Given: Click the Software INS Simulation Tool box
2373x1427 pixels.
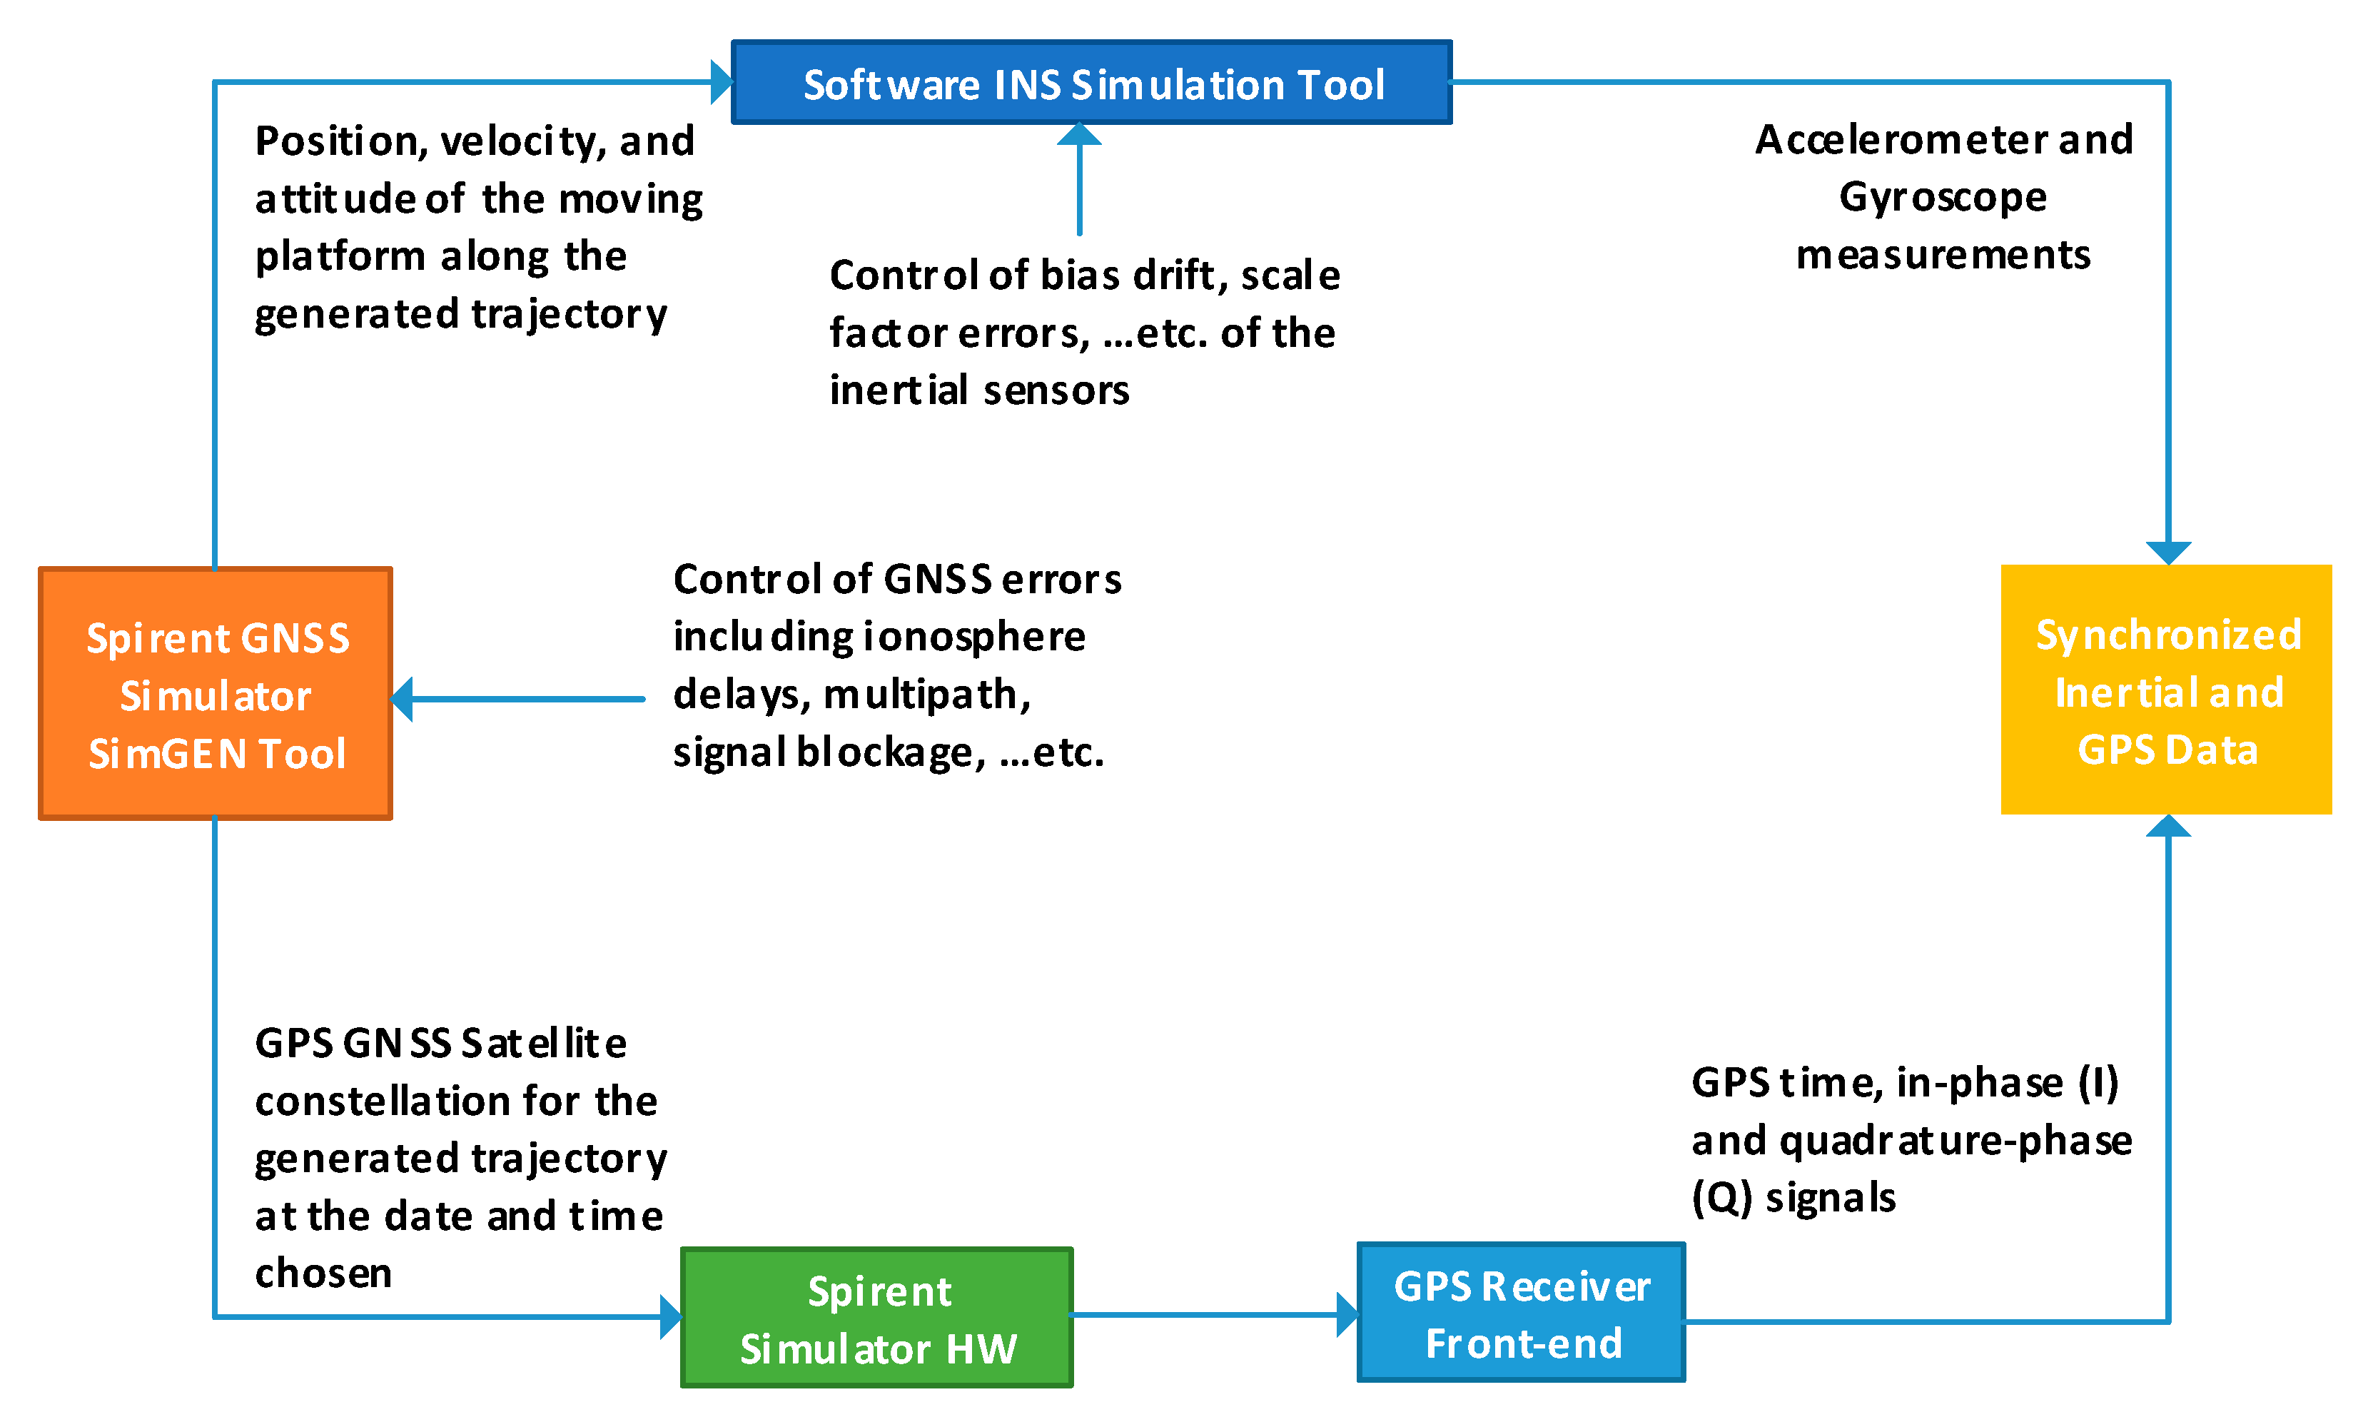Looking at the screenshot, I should (x=1091, y=83).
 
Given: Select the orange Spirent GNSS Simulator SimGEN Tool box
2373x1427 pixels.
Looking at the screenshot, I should (x=216, y=693).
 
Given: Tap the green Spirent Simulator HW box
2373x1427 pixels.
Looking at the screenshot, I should (x=876, y=1317).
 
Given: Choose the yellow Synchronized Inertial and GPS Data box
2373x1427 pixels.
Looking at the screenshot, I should (x=2166, y=690).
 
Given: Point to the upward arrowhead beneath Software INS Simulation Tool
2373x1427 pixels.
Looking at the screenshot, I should (x=1079, y=135).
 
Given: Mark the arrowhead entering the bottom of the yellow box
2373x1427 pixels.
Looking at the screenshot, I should (x=2168, y=826).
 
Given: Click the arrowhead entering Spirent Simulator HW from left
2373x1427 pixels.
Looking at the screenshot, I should (x=671, y=1316).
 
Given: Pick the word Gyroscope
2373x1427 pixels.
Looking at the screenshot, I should (x=1943, y=198).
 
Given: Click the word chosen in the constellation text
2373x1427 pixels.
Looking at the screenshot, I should (x=323, y=1273).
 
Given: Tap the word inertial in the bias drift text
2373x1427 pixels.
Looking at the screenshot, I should (x=899, y=390).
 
